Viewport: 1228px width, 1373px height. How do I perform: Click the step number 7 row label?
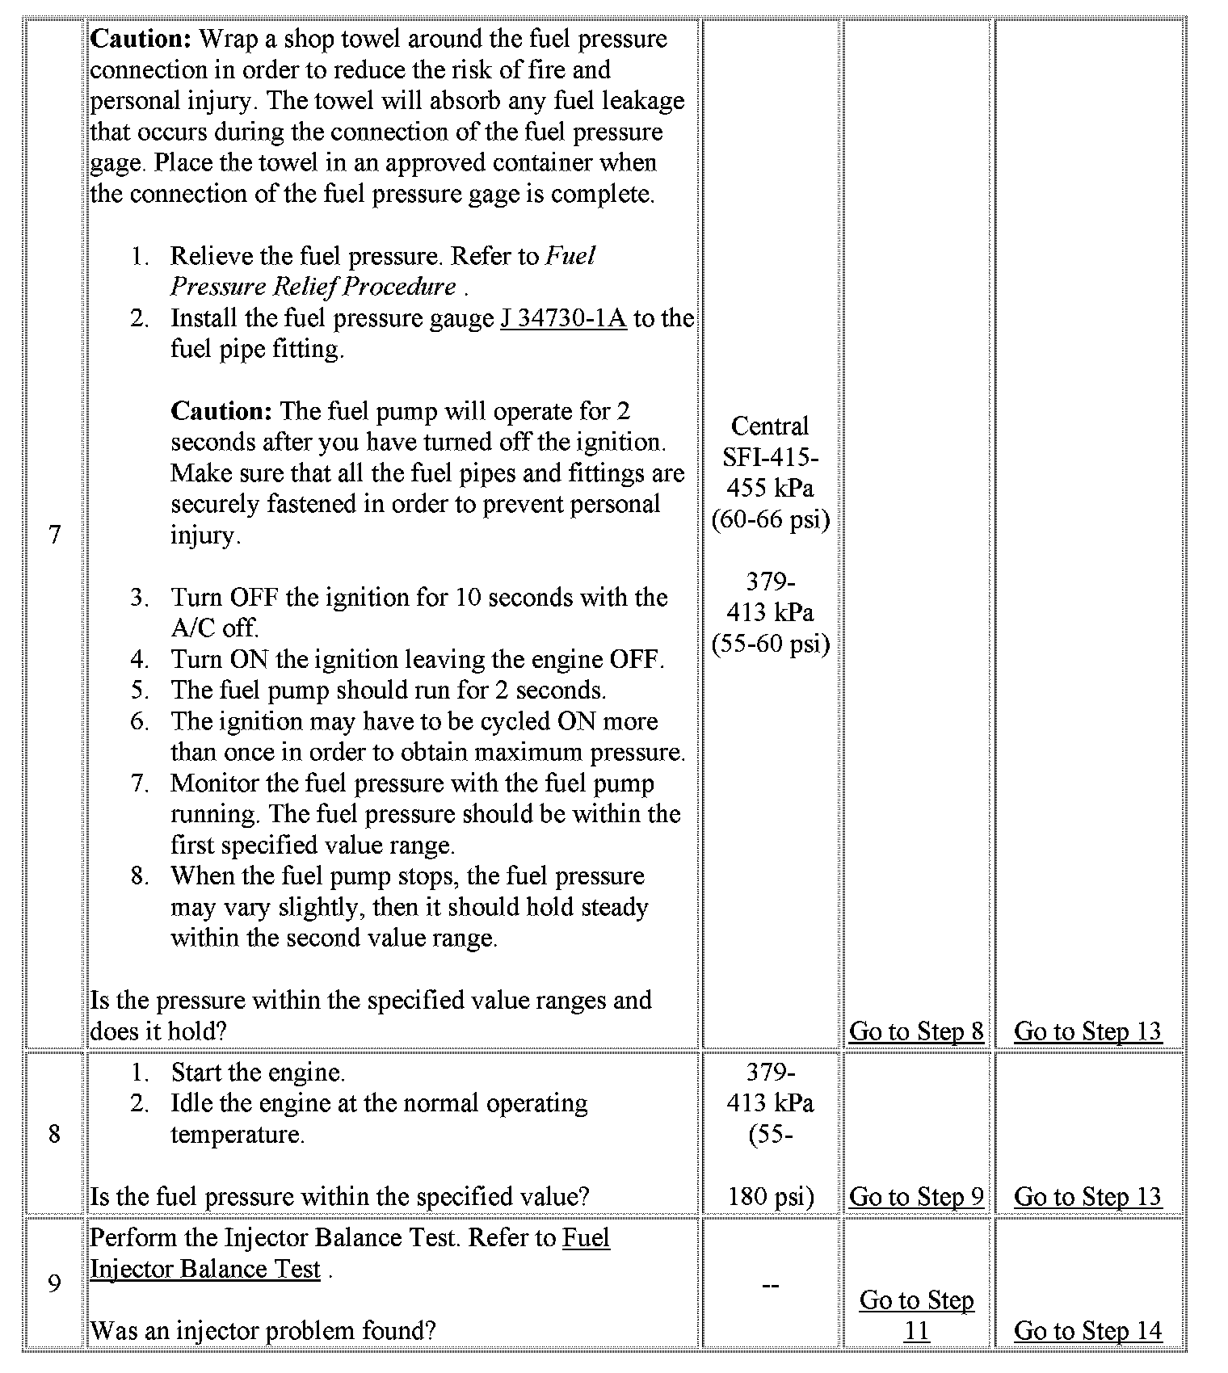[x=54, y=535]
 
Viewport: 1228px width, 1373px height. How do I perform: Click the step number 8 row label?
[x=54, y=1134]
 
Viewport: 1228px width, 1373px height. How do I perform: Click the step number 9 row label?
[x=54, y=1283]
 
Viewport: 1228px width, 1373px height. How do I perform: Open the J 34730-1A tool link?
[x=563, y=318]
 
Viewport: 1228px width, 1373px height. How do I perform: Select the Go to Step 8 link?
[x=916, y=1031]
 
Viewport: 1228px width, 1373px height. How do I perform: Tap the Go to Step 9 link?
[x=916, y=1196]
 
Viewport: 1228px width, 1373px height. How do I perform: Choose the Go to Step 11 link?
[x=916, y=1315]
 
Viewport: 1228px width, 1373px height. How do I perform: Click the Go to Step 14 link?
[x=1087, y=1330]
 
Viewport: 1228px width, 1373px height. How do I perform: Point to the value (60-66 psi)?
[x=771, y=519]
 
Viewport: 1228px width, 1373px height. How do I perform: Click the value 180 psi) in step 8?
[x=771, y=1196]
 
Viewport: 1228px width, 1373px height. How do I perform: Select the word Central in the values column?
[x=769, y=426]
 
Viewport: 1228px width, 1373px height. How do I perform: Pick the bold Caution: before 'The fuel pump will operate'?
[x=221, y=411]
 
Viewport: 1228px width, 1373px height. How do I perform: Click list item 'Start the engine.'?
[x=258, y=1073]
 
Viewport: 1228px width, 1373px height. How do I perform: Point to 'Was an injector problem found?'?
[x=263, y=1330]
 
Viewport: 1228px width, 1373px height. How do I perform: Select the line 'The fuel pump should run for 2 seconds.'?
[x=388, y=691]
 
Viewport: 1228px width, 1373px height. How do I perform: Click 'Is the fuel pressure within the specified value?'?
[x=339, y=1196]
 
